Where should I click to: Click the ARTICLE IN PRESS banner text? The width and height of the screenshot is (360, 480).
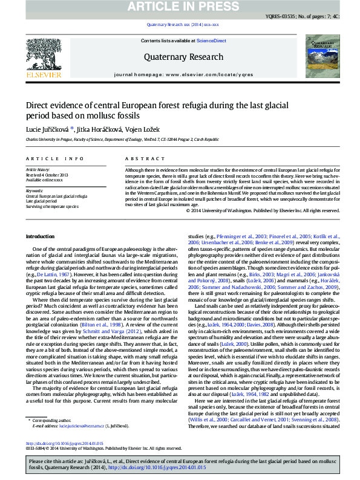click(180, 7)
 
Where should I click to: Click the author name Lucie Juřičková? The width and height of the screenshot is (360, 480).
click(48, 128)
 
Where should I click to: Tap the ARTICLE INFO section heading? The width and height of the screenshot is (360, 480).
click(54, 158)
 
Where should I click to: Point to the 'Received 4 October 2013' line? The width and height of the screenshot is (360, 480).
click(47, 175)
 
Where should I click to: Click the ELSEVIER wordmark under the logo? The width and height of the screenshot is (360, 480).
click(44, 75)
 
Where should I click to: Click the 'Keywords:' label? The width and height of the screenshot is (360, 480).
click(34, 190)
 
